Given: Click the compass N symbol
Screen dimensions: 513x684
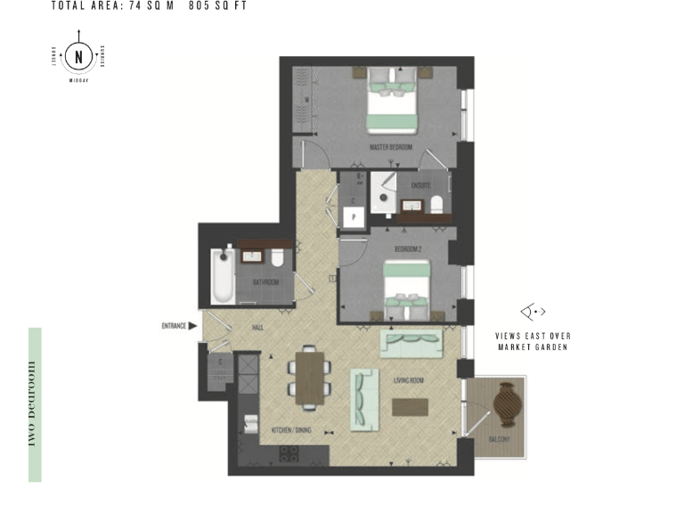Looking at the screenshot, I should tap(79, 58).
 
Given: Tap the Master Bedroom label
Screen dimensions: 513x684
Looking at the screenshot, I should tap(391, 147).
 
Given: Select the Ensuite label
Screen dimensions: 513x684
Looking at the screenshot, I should tap(420, 185).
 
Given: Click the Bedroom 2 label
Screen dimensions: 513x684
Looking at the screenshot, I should tap(407, 248).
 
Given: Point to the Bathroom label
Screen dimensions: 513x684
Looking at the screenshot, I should tap(265, 282).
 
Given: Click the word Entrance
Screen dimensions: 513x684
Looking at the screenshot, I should tap(174, 326).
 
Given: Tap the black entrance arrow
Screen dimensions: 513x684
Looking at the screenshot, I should tap(193, 326).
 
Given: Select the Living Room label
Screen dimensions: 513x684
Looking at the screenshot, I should tap(409, 381).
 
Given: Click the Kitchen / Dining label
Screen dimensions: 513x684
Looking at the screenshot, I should tap(292, 430).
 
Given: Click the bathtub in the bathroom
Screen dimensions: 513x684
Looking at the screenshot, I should tap(223, 276).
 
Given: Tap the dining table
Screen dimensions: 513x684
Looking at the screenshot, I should tap(309, 378).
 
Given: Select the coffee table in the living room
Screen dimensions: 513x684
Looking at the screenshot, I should tap(410, 406).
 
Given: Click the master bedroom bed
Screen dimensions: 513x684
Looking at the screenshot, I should tap(392, 103).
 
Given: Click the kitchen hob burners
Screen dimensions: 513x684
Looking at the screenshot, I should tap(289, 452).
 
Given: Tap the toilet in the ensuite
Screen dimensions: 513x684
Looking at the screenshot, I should tap(437, 205).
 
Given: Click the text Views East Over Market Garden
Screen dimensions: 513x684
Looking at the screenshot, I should tap(533, 341).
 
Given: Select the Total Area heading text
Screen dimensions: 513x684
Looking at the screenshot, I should tap(149, 5).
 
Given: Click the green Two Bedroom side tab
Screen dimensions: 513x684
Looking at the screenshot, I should tap(35, 404).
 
